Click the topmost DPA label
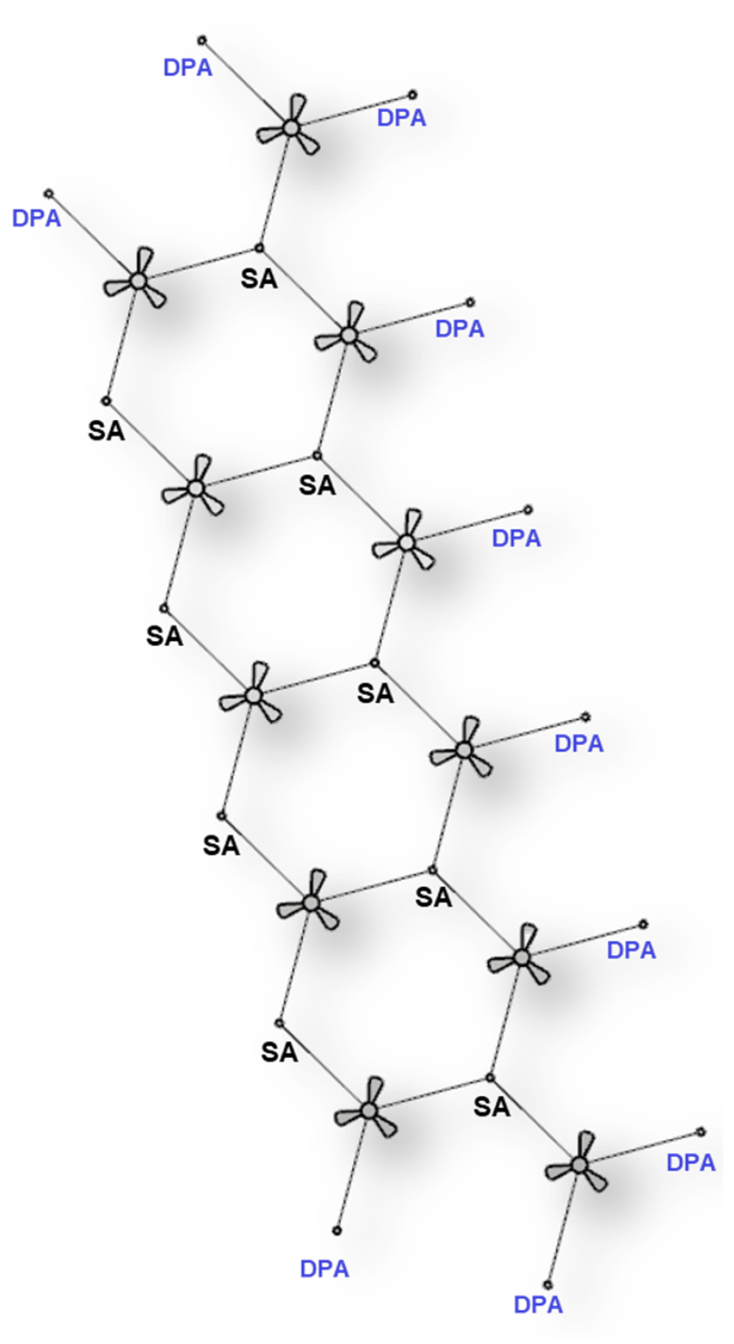[188, 67]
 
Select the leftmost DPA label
[37, 219]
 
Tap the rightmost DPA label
[691, 1163]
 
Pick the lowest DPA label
[539, 1305]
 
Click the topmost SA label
[259, 278]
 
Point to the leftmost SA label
[106, 430]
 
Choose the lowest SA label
[492, 1107]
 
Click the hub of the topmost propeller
[290, 128]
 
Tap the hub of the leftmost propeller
[138, 280]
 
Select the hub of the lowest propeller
[578, 1165]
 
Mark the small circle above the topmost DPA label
[202, 40]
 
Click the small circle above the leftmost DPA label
[49, 193]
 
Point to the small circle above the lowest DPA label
[548, 1284]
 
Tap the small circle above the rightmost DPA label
[701, 1131]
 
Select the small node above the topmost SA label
[259, 248]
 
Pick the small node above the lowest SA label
[490, 1078]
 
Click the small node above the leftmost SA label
[106, 400]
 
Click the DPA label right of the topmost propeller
[402, 118]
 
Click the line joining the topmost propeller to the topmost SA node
[276, 188]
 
